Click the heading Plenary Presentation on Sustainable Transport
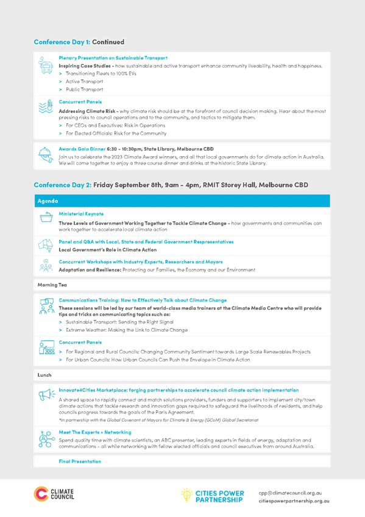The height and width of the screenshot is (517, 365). [113, 58]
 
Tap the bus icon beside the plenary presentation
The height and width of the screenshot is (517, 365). [46, 65]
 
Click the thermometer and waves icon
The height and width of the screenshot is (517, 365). [46, 107]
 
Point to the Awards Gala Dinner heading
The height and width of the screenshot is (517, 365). [82, 149]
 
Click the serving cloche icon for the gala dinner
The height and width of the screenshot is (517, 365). [46, 155]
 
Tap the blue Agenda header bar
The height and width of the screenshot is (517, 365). [182, 201]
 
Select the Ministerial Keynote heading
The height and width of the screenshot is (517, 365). [81, 214]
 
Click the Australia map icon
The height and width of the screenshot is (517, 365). [46, 245]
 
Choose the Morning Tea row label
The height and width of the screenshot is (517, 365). [52, 285]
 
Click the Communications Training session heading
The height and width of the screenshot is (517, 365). [143, 301]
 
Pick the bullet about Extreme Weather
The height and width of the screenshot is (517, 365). [127, 330]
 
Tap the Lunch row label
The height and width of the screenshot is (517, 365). [44, 375]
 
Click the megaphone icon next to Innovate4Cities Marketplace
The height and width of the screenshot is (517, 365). [47, 394]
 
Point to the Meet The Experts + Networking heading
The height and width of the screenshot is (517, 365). [95, 432]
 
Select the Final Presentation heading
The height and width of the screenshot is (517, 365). [80, 462]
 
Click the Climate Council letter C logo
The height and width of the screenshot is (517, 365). [41, 494]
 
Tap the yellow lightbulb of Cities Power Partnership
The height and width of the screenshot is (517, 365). [187, 495]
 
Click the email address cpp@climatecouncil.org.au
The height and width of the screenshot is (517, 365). [290, 493]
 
